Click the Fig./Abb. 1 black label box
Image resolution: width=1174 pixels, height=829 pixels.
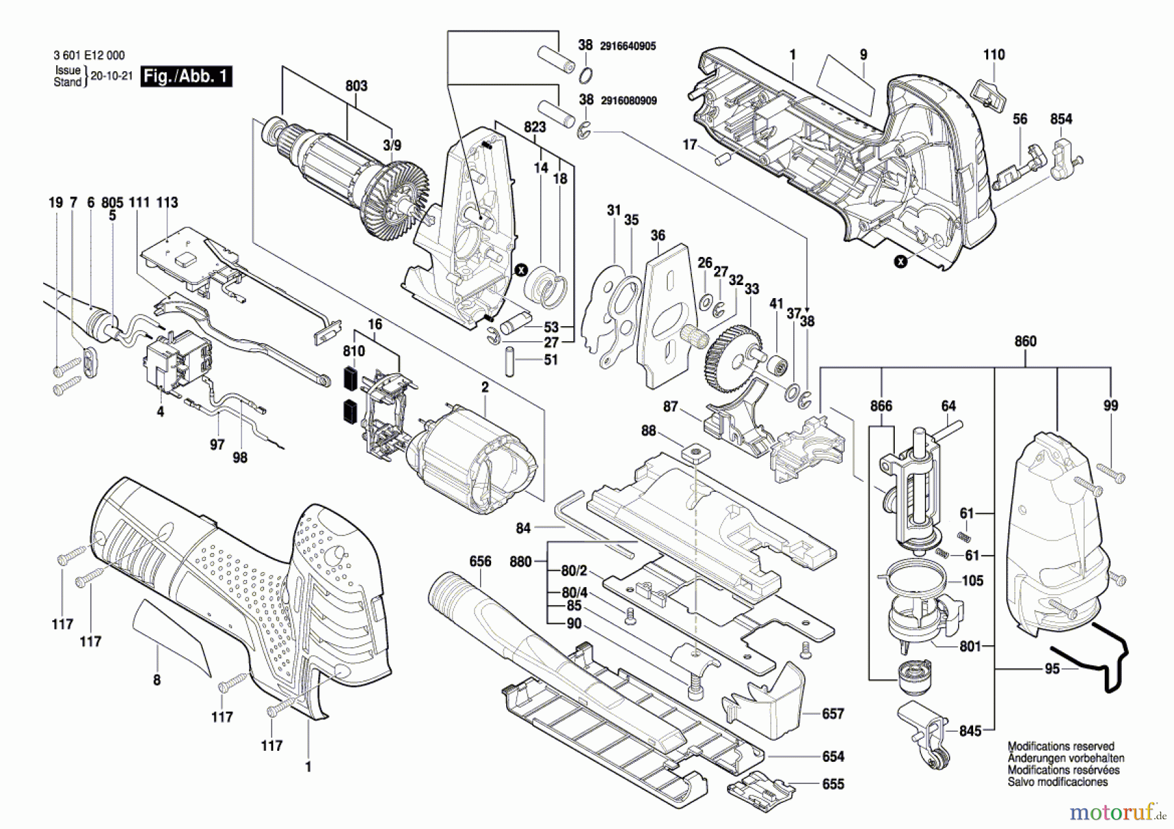(187, 76)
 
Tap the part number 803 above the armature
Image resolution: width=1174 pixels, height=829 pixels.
(356, 85)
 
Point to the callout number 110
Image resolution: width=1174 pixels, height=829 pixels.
(994, 55)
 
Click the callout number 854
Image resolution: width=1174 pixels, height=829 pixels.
(1061, 119)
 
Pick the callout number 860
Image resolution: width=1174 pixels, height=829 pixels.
(1025, 341)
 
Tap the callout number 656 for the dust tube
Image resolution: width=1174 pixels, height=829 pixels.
(480, 562)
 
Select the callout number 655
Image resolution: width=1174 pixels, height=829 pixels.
(833, 784)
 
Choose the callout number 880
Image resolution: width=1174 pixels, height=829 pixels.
(520, 562)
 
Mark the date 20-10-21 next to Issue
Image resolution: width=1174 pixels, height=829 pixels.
(111, 76)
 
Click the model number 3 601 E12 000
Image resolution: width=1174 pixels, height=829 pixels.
(89, 55)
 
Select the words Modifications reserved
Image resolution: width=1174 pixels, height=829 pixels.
(1061, 746)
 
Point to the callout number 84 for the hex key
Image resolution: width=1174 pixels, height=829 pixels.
(523, 528)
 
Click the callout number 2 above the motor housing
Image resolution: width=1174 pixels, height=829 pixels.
(485, 387)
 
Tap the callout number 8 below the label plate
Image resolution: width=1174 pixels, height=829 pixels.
(157, 680)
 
